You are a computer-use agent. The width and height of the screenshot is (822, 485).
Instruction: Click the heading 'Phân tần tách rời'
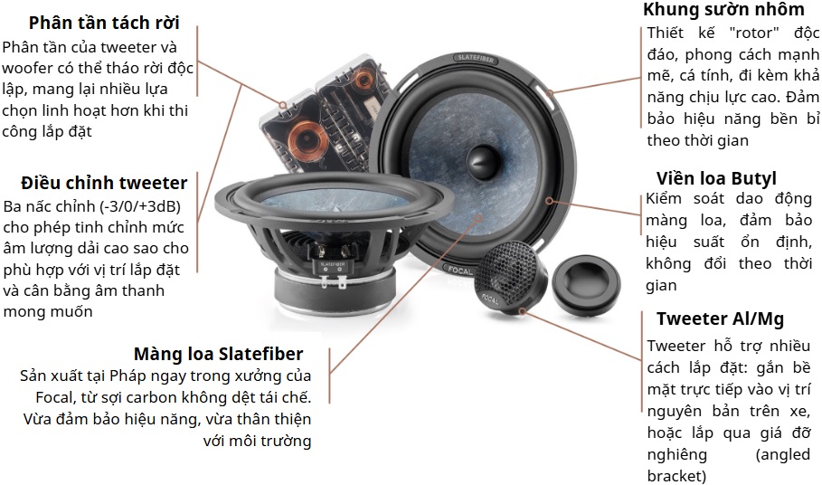click(104, 23)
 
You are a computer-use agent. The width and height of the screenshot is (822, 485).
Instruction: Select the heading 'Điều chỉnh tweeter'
click(104, 183)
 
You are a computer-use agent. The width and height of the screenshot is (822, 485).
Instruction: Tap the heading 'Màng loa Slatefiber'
click(218, 354)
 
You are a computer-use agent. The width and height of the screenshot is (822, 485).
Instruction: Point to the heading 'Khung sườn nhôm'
click(723, 9)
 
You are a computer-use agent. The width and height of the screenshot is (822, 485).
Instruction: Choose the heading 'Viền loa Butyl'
click(716, 178)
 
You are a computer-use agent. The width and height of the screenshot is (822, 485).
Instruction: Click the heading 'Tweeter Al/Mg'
click(720, 319)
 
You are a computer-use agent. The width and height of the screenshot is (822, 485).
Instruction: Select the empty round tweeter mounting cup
click(586, 285)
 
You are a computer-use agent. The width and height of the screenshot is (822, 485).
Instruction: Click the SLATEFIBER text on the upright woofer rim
click(474, 58)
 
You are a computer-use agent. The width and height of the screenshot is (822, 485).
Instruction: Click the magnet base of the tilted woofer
click(333, 292)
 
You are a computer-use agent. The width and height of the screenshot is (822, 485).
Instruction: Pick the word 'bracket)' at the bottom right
click(676, 476)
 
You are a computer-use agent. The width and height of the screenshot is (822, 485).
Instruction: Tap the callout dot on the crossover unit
click(282, 105)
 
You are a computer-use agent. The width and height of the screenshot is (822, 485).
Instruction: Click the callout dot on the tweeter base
click(522, 311)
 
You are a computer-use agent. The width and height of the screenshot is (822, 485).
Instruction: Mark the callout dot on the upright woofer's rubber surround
click(549, 200)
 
